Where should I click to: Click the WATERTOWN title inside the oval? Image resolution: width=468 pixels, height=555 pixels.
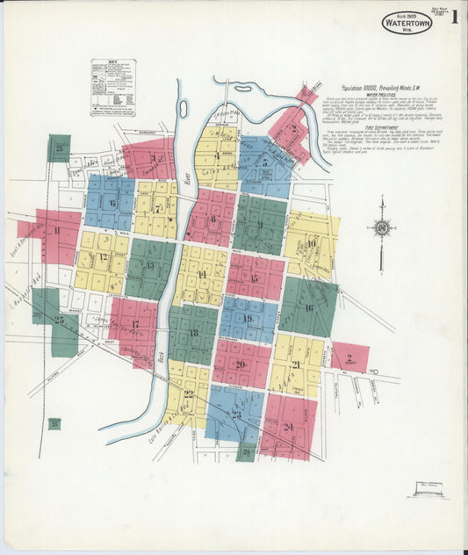tap(407, 23)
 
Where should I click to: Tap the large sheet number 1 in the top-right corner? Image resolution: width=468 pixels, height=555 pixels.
tap(454, 18)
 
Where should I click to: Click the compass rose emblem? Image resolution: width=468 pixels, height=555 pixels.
tap(382, 227)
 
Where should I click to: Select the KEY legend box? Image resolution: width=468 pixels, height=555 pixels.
tap(113, 87)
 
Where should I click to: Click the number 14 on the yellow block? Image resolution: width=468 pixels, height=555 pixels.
tap(202, 275)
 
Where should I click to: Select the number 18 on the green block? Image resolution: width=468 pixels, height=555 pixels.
tap(192, 334)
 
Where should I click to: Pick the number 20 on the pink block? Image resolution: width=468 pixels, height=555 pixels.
tap(240, 364)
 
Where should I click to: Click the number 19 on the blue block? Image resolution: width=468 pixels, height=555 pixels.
tap(248, 319)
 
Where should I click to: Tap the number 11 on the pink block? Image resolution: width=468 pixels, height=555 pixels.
tap(57, 231)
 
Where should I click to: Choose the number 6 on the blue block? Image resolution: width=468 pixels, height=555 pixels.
tap(112, 203)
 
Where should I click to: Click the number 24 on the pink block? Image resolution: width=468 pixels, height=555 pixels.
tap(288, 427)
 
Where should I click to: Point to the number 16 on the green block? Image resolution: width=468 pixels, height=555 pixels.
tap(308, 307)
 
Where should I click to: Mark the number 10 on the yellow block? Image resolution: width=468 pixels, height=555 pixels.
tap(311, 242)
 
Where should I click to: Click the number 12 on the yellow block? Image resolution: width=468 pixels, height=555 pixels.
tap(103, 257)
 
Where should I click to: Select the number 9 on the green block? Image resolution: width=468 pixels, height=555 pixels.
tap(260, 224)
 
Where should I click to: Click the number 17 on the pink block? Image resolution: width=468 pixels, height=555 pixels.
tap(134, 324)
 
